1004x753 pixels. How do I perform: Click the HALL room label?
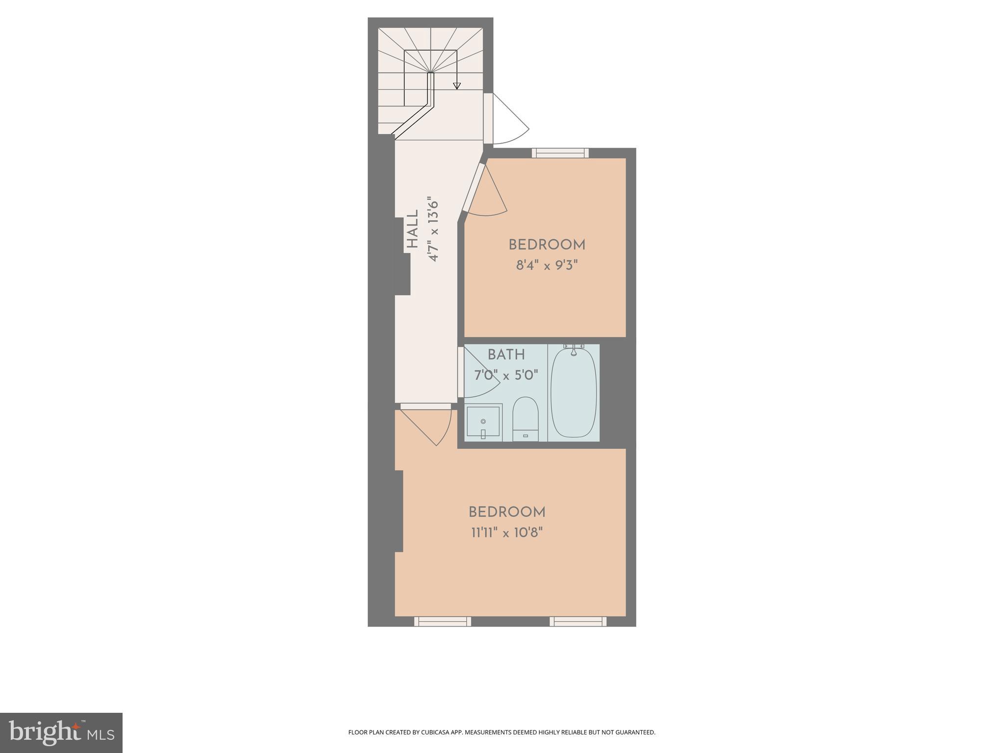(412, 229)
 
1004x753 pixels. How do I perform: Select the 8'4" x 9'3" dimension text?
(547, 266)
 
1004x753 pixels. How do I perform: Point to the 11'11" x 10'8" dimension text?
(507, 532)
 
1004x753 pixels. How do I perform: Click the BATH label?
(506, 354)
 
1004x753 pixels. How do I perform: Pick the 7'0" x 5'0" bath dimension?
(506, 376)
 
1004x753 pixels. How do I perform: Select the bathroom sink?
(483, 421)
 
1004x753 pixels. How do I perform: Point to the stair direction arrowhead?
(457, 86)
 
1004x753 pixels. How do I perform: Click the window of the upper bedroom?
(560, 153)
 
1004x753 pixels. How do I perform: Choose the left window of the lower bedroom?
(442, 622)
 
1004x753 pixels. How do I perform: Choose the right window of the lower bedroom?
(577, 622)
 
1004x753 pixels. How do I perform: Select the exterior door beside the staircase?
(507, 120)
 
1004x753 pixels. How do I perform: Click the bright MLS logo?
(61, 732)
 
